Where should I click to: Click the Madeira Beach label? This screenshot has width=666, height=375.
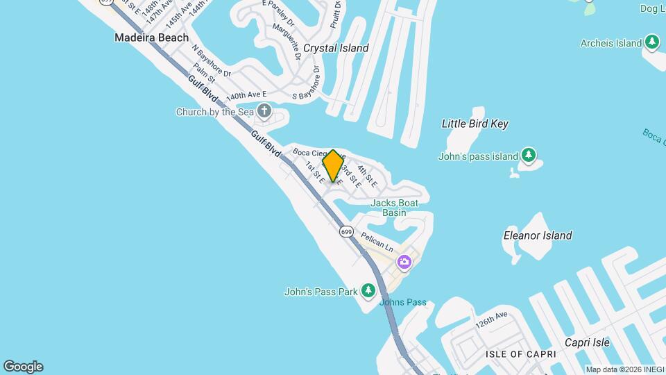pos(151,37)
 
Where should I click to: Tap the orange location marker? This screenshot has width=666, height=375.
pos(333,166)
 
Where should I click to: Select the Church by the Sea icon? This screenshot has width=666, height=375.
pos(264,110)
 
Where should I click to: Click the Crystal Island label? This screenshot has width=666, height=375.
pos(336,49)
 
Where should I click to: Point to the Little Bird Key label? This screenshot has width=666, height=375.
pos(475,124)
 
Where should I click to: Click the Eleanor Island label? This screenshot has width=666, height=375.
pos(538,235)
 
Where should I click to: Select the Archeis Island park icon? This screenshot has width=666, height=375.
pos(651,42)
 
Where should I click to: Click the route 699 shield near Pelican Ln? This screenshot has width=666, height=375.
pos(347,231)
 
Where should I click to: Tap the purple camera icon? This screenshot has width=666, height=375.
pos(404,262)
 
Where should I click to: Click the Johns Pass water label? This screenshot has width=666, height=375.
pos(402,302)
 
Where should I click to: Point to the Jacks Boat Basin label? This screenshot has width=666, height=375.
pos(395,208)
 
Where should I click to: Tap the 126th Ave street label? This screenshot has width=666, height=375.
pos(492,321)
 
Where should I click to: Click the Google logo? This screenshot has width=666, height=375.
pos(23,367)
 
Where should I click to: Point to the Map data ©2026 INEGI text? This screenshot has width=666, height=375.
pos(624,369)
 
